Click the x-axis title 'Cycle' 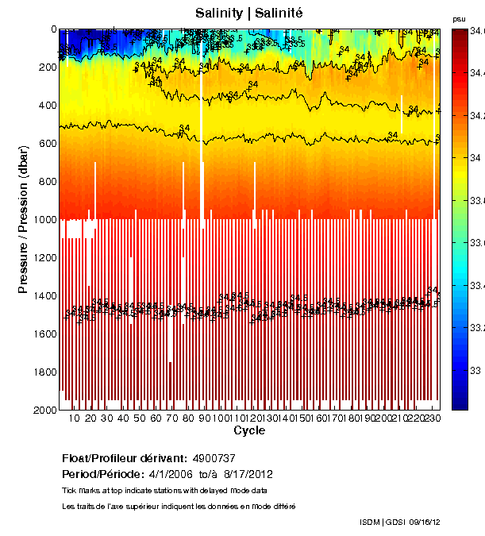(249, 430)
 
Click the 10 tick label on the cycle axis (75, 418)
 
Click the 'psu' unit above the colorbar (459, 18)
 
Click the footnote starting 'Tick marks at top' (164, 491)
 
